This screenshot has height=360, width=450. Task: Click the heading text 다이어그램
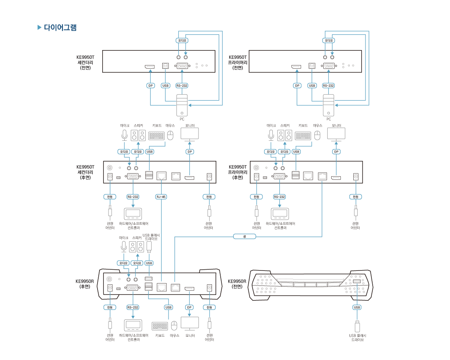click(60, 28)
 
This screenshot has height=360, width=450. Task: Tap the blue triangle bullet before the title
click(39, 28)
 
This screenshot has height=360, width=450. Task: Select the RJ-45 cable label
click(161, 197)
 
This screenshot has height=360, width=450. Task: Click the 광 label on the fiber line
click(245, 237)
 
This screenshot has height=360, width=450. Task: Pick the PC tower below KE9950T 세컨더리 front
click(182, 105)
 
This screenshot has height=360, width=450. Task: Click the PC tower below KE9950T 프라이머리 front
click(328, 105)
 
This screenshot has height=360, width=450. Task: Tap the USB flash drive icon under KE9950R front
click(357, 326)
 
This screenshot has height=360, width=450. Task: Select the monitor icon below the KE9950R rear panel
click(190, 323)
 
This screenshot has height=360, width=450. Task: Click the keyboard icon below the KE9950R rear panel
click(160, 326)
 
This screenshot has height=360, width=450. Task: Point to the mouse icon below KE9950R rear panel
click(174, 326)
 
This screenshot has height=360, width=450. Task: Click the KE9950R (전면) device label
click(237, 284)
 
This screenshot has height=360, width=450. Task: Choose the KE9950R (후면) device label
click(84, 284)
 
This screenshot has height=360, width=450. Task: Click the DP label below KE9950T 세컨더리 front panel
click(150, 86)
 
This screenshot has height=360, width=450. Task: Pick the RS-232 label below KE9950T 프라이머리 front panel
click(328, 86)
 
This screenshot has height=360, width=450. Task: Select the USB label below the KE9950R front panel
click(357, 307)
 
